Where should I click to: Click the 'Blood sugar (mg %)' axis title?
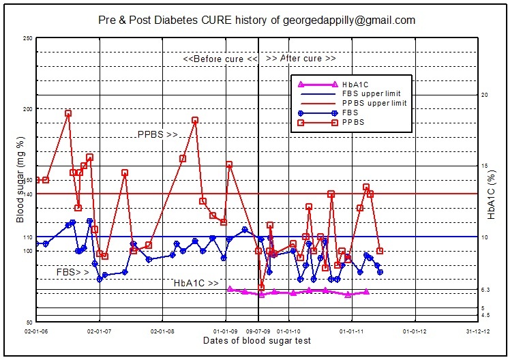click(x=20, y=180)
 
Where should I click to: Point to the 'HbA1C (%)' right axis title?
click(x=491, y=195)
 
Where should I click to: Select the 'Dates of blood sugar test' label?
click(x=257, y=340)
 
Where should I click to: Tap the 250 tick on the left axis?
click(x=28, y=38)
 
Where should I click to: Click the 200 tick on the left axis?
click(x=28, y=109)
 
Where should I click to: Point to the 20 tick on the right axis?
click(x=485, y=95)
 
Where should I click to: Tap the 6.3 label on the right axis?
click(x=485, y=290)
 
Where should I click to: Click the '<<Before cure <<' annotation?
click(x=220, y=59)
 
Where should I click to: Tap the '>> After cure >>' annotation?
click(x=301, y=59)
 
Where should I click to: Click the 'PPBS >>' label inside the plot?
click(x=158, y=135)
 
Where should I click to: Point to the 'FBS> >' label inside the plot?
click(x=73, y=272)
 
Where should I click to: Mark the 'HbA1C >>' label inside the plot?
click(x=196, y=283)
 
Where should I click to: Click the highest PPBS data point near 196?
click(x=68, y=114)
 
